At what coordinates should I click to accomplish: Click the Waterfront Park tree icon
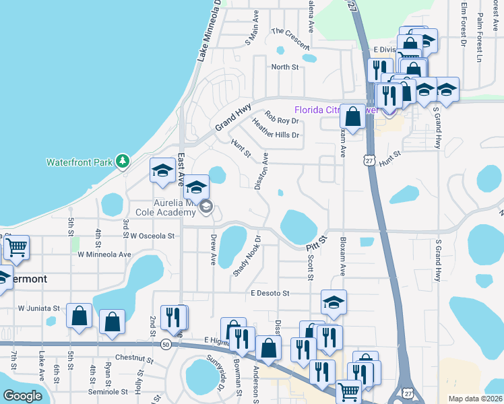(122, 161)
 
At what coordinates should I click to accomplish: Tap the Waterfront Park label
(77, 162)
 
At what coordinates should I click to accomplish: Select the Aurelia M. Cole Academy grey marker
(206, 208)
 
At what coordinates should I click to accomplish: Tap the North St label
(284, 67)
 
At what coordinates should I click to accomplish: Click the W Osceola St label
(152, 236)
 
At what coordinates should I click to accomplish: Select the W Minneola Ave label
(104, 255)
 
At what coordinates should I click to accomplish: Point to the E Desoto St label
(270, 294)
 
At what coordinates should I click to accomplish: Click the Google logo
(22, 396)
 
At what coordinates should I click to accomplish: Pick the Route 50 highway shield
(166, 344)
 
